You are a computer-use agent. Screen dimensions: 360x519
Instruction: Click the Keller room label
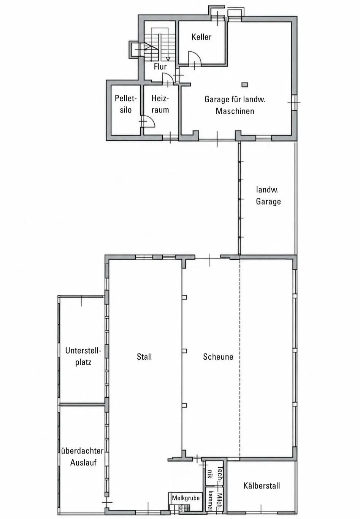click(x=201, y=37)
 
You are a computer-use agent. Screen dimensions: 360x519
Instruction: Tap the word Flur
click(x=160, y=67)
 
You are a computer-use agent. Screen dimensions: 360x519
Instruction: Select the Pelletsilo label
click(x=126, y=104)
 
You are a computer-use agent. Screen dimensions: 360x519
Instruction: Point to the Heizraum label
click(x=160, y=104)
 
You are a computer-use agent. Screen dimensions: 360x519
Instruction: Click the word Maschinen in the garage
click(x=235, y=111)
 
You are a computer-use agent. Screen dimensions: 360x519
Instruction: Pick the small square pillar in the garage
click(x=245, y=84)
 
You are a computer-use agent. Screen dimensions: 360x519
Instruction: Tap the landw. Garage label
click(x=268, y=195)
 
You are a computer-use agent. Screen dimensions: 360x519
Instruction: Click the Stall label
click(x=144, y=357)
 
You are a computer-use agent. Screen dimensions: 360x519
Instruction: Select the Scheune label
click(x=218, y=357)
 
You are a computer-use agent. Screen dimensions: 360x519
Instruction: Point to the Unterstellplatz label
click(x=83, y=356)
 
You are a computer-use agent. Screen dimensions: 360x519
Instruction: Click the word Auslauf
click(x=83, y=462)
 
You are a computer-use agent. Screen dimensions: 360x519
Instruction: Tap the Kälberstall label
click(x=262, y=486)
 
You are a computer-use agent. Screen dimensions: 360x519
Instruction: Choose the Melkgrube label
click(x=186, y=498)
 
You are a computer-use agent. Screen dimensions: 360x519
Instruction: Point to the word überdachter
click(x=82, y=451)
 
